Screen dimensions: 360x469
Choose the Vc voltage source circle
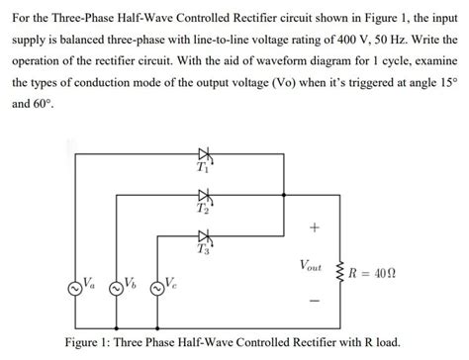click(155, 289)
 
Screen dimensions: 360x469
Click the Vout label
click(314, 267)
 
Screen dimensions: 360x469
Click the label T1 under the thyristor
click(204, 169)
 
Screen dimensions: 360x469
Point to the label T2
click(204, 210)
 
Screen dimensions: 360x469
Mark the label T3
click(204, 249)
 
